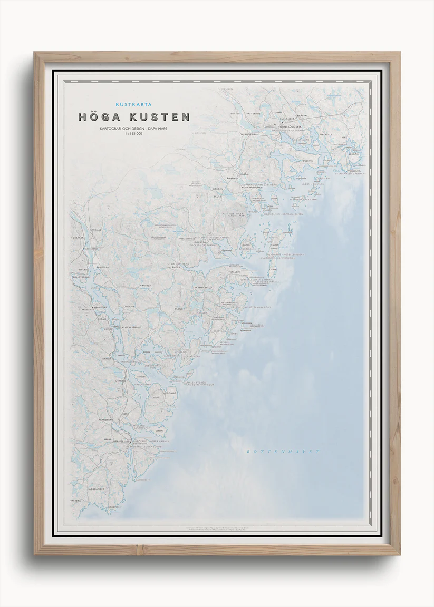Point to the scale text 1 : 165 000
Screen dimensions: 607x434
133,134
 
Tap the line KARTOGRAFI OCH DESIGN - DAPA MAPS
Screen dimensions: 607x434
133,128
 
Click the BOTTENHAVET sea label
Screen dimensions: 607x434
283,452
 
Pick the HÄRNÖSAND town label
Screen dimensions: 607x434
120,440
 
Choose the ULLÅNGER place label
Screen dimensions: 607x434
173,267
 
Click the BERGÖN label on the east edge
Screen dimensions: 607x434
354,154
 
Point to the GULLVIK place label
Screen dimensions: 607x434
307,160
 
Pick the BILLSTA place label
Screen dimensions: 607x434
235,113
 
